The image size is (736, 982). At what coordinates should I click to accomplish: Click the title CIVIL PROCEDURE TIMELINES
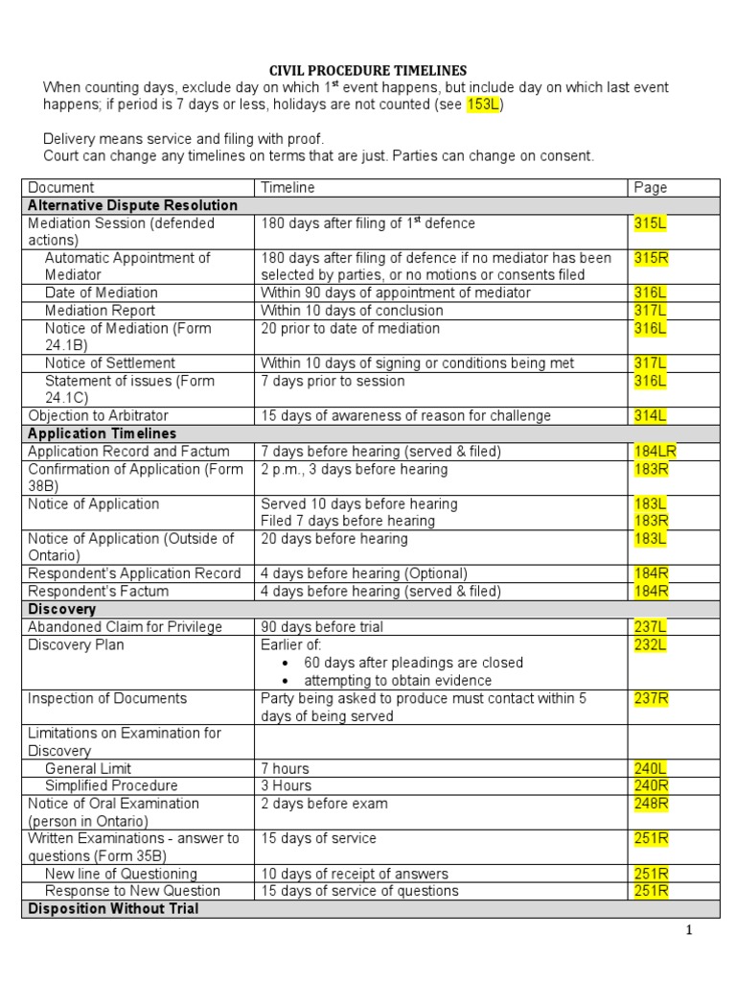point(368,70)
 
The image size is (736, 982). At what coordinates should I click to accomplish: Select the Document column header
point(61,188)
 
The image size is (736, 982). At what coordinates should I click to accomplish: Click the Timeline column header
point(287,188)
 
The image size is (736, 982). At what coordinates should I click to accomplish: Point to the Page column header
point(651,188)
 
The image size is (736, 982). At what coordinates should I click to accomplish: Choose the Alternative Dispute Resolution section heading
point(133,205)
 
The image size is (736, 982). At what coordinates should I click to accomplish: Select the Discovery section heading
point(62,609)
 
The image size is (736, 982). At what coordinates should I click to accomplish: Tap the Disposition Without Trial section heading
point(113,907)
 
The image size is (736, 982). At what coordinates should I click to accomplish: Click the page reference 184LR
point(655,452)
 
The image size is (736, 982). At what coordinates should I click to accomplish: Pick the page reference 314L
point(651,416)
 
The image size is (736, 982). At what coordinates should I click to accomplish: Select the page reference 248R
point(651,804)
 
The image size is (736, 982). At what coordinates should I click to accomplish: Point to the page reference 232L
point(651,645)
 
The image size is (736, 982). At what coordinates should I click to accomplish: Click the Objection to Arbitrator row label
point(100,416)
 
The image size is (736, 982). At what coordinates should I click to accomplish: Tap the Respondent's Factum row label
point(99,592)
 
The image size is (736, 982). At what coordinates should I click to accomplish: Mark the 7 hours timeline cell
point(286,768)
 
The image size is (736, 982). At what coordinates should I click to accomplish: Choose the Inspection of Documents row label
point(107,698)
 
